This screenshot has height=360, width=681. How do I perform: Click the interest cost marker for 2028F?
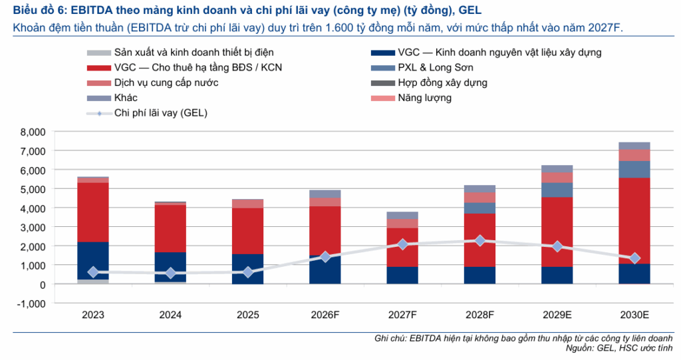click(480, 240)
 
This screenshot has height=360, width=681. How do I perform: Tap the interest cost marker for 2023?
click(93, 272)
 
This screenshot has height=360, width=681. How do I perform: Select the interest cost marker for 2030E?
click(634, 258)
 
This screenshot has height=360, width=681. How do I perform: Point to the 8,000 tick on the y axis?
click(33, 132)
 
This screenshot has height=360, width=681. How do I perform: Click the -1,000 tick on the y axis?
click(31, 303)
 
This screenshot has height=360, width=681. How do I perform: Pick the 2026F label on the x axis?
click(325, 315)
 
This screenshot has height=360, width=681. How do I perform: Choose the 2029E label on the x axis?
click(557, 315)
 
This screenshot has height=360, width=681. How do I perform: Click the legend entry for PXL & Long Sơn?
click(422, 67)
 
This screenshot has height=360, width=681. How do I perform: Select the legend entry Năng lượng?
click(411, 98)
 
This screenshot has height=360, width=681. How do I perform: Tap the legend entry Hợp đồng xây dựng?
click(429, 83)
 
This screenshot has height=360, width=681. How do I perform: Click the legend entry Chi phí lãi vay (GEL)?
click(147, 113)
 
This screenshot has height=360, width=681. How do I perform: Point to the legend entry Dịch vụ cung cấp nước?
click(152, 83)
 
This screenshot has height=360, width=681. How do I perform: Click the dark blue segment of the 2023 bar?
click(93, 260)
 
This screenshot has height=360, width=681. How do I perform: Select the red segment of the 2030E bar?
click(634, 221)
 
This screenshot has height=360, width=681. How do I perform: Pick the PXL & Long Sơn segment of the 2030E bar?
click(634, 170)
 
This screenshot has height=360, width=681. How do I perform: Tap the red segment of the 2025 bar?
click(247, 231)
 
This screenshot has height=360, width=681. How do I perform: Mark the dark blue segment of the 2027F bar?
click(402, 275)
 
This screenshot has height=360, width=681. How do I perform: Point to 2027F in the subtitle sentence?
click(605, 28)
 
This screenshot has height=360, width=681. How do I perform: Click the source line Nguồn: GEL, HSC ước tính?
click(619, 348)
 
